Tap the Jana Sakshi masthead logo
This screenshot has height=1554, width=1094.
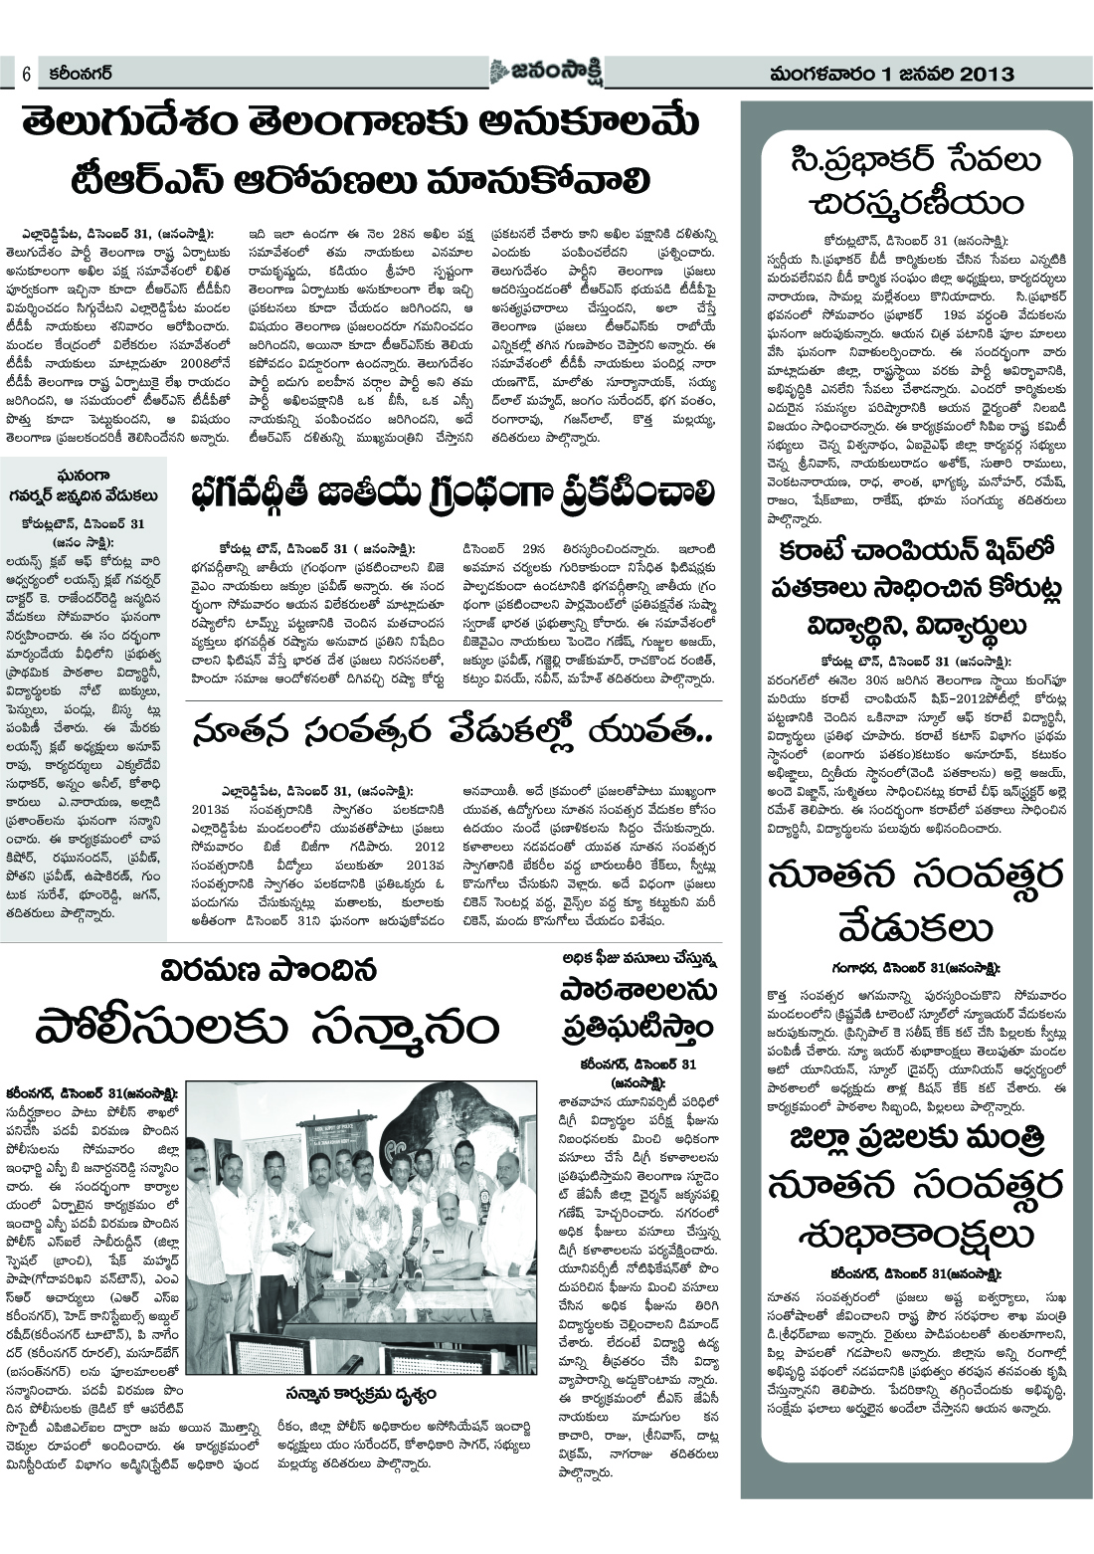click(545, 72)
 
